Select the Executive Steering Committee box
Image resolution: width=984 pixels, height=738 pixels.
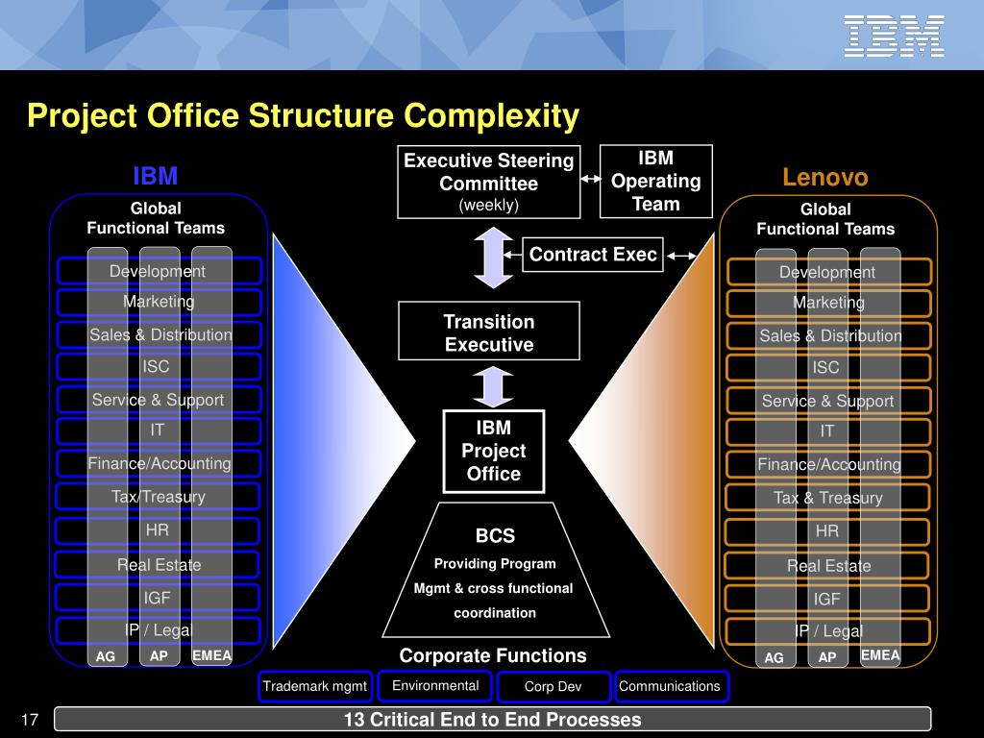pyautogui.click(x=489, y=182)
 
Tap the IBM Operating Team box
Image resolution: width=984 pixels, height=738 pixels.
pyautogui.click(x=656, y=181)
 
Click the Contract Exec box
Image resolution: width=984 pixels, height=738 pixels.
pyautogui.click(x=593, y=255)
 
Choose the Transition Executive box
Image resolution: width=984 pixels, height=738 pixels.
pyautogui.click(x=489, y=332)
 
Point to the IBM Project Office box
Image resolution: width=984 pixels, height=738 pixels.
pyautogui.click(x=494, y=451)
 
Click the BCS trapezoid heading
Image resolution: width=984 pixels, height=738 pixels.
pyautogui.click(x=495, y=536)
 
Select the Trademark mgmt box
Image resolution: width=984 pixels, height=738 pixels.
pyautogui.click(x=315, y=686)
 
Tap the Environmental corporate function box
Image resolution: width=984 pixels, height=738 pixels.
pyautogui.click(x=435, y=685)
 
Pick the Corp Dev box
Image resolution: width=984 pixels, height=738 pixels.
pyautogui.click(x=553, y=686)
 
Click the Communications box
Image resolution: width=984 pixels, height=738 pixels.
pyautogui.click(x=670, y=686)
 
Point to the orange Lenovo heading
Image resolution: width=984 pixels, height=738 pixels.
pyautogui.click(x=824, y=178)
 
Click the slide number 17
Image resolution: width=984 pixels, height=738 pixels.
pyautogui.click(x=28, y=720)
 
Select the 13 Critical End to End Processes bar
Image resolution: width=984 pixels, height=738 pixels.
pyautogui.click(x=492, y=720)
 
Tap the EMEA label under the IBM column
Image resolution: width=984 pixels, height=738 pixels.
pyautogui.click(x=211, y=656)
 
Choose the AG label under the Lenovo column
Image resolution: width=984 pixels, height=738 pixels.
pyautogui.click(x=775, y=658)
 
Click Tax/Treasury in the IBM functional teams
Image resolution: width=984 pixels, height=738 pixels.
pyautogui.click(x=159, y=497)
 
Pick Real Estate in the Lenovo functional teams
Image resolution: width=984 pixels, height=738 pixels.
pyautogui.click(x=828, y=566)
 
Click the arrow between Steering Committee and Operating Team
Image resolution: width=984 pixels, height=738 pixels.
pyautogui.click(x=591, y=179)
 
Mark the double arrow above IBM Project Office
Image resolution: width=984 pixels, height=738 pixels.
pyautogui.click(x=493, y=387)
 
